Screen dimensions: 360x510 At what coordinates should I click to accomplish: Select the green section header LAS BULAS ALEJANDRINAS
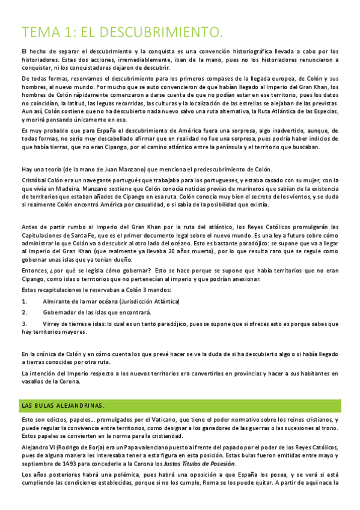63,405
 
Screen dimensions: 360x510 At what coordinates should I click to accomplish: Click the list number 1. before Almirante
25,301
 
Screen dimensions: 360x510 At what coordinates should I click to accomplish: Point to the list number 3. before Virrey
25,323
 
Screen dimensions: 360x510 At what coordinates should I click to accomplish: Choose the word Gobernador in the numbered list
59,312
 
